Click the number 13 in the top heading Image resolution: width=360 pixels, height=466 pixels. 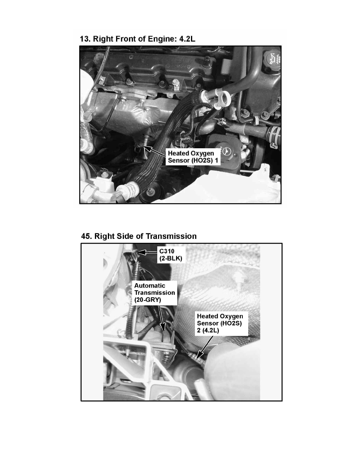85,39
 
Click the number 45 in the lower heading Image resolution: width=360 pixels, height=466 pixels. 86,236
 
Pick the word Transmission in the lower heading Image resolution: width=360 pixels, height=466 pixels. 171,236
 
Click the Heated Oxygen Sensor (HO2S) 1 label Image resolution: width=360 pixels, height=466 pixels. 193,157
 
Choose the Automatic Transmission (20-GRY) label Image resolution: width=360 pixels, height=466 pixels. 155,293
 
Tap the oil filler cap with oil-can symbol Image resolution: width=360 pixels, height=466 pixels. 273,59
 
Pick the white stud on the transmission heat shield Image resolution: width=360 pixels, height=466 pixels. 238,279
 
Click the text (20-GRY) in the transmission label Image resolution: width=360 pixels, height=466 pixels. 147,300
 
